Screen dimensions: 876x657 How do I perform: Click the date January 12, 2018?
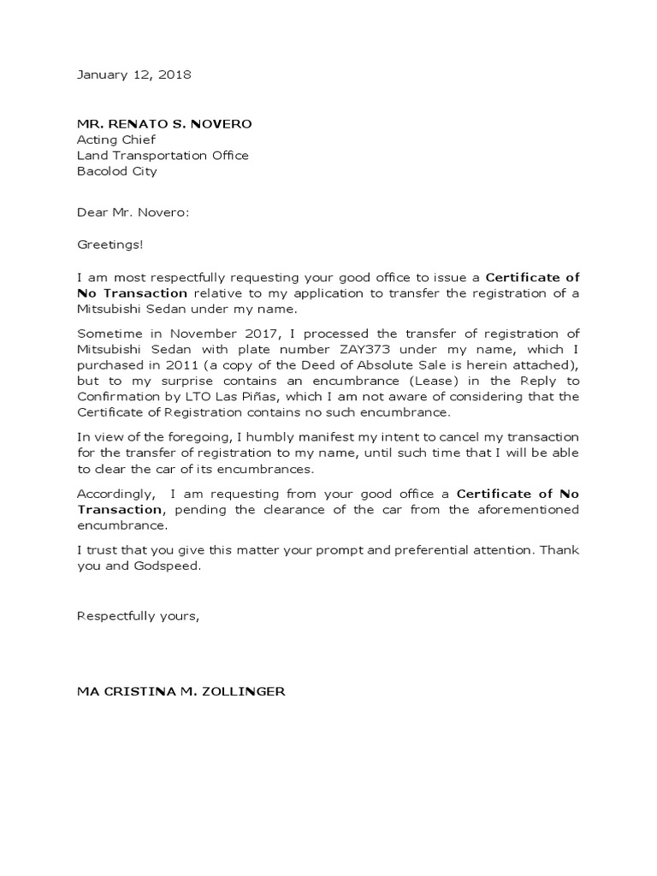[x=134, y=74]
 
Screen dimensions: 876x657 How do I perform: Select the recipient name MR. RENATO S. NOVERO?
[x=164, y=124]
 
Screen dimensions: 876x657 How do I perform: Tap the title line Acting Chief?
[x=116, y=139]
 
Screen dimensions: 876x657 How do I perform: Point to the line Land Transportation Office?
[x=163, y=156]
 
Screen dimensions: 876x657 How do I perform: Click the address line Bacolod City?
[x=117, y=171]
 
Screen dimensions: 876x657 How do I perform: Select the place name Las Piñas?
[x=276, y=397]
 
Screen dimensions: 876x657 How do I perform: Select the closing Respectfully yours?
[x=138, y=615]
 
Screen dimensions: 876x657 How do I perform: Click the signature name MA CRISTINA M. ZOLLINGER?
[x=181, y=691]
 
